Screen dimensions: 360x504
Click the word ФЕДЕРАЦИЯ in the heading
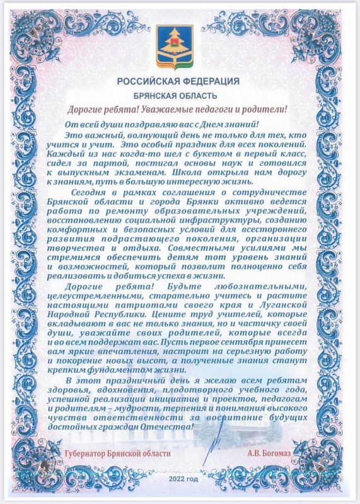click(211, 81)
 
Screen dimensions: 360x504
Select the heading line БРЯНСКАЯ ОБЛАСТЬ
click(180, 96)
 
